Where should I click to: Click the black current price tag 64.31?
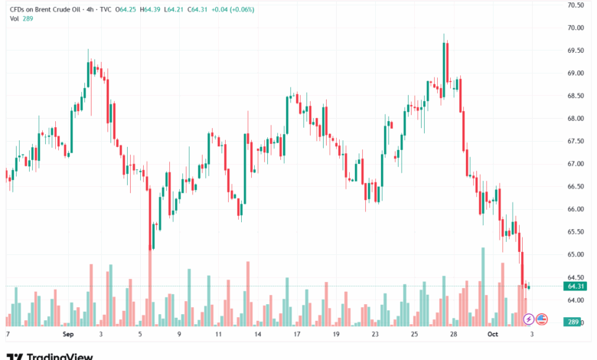[x=576, y=286]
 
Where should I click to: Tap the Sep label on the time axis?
[x=68, y=335]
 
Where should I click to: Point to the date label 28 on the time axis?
[x=453, y=335]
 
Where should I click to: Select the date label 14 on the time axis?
[x=258, y=335]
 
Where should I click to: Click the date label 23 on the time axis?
[x=375, y=335]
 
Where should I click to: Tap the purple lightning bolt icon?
[x=528, y=319]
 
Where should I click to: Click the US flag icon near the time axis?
[x=542, y=319]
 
